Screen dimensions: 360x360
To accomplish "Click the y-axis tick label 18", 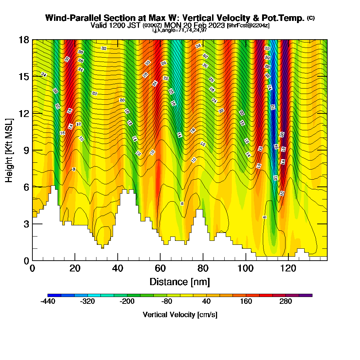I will (x=24, y=40).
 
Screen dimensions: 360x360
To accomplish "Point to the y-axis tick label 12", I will (x=24, y=113).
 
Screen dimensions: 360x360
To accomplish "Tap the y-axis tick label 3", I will (x=26, y=224).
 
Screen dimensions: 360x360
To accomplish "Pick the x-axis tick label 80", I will (x=203, y=268).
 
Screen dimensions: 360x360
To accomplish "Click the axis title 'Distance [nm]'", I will (x=180, y=282).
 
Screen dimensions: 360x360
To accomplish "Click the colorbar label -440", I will (x=48, y=302).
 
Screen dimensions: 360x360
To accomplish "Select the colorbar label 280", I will (x=286, y=302).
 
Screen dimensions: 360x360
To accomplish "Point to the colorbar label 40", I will (x=206, y=302).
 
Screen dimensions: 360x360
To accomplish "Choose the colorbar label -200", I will (x=127, y=302).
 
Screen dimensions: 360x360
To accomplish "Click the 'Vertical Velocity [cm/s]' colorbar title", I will (x=180, y=315).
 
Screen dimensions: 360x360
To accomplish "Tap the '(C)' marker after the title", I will (x=311, y=18).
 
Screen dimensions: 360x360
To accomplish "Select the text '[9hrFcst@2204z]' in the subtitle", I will (x=248, y=26).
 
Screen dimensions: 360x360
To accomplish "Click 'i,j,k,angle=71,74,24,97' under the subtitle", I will (x=179, y=30).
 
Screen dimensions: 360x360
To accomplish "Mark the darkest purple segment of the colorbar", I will (x=306, y=295).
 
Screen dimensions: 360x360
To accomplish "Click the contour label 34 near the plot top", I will (x=198, y=46).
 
